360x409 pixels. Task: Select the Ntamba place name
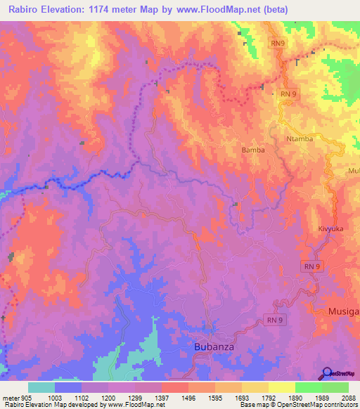coord(298,138)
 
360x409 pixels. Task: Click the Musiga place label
coord(344,311)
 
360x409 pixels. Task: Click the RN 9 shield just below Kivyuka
coord(314,266)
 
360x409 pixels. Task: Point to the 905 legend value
coord(20,398)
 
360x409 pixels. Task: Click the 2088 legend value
coord(348,398)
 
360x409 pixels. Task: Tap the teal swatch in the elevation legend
coord(41,387)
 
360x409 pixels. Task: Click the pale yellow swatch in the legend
coord(281,387)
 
